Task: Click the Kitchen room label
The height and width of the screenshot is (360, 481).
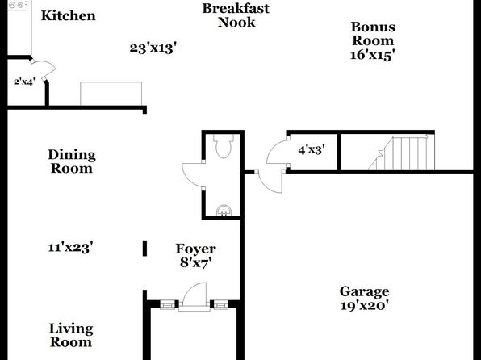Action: tap(69, 15)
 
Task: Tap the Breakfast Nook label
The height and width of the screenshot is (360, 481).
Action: tap(236, 15)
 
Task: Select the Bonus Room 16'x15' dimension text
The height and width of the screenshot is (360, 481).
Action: tap(372, 55)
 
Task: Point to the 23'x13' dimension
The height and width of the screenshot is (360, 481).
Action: tap(153, 48)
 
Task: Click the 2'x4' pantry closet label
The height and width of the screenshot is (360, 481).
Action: tap(24, 82)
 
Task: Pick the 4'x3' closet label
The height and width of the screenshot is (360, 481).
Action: tap(312, 150)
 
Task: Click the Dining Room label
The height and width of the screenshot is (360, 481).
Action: tap(72, 161)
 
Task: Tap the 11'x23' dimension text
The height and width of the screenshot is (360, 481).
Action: tap(70, 247)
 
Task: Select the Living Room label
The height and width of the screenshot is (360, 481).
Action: tap(71, 335)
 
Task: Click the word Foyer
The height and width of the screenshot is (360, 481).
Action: tap(196, 249)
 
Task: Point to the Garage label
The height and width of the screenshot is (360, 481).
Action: tap(365, 291)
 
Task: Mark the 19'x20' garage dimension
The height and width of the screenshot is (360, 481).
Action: tap(365, 305)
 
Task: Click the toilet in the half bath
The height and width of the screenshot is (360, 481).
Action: tap(224, 146)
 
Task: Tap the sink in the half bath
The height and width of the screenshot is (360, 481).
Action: tap(224, 211)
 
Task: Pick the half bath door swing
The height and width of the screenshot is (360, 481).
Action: tap(192, 175)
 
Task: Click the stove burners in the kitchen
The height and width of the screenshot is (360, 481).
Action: tap(17, 5)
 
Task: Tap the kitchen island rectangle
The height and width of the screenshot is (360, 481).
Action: tap(111, 94)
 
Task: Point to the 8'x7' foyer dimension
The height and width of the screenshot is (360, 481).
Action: tap(196, 262)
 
